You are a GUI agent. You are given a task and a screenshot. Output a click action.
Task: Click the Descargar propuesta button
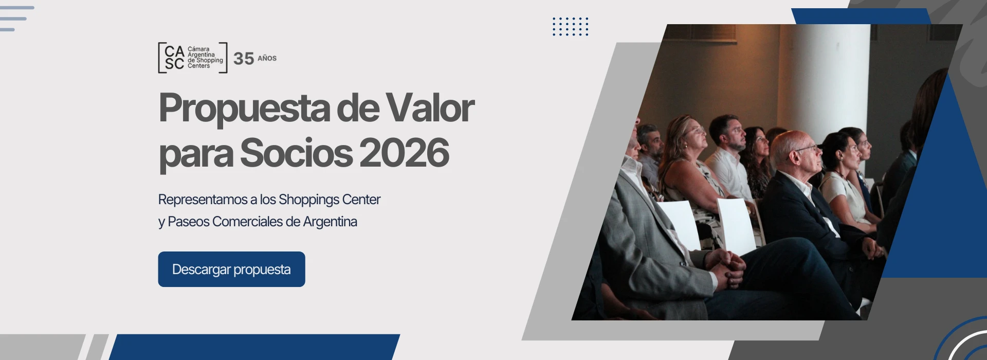[x=231, y=269]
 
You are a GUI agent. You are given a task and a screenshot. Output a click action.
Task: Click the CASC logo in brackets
[x=192, y=58]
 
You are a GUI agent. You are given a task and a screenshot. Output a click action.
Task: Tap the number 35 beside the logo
[x=244, y=59]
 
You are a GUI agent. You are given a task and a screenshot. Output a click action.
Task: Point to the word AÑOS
[x=267, y=59]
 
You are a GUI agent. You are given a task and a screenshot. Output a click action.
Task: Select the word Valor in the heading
[x=430, y=108]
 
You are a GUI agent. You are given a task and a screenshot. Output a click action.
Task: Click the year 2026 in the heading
[x=404, y=153]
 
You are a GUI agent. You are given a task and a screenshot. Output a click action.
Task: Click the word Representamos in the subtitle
[x=203, y=200]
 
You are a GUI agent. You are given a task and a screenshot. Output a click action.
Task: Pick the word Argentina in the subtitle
[x=330, y=222]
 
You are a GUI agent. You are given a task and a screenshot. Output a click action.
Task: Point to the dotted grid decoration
[x=570, y=26]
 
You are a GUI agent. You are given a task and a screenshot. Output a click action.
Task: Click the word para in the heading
[x=195, y=154]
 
